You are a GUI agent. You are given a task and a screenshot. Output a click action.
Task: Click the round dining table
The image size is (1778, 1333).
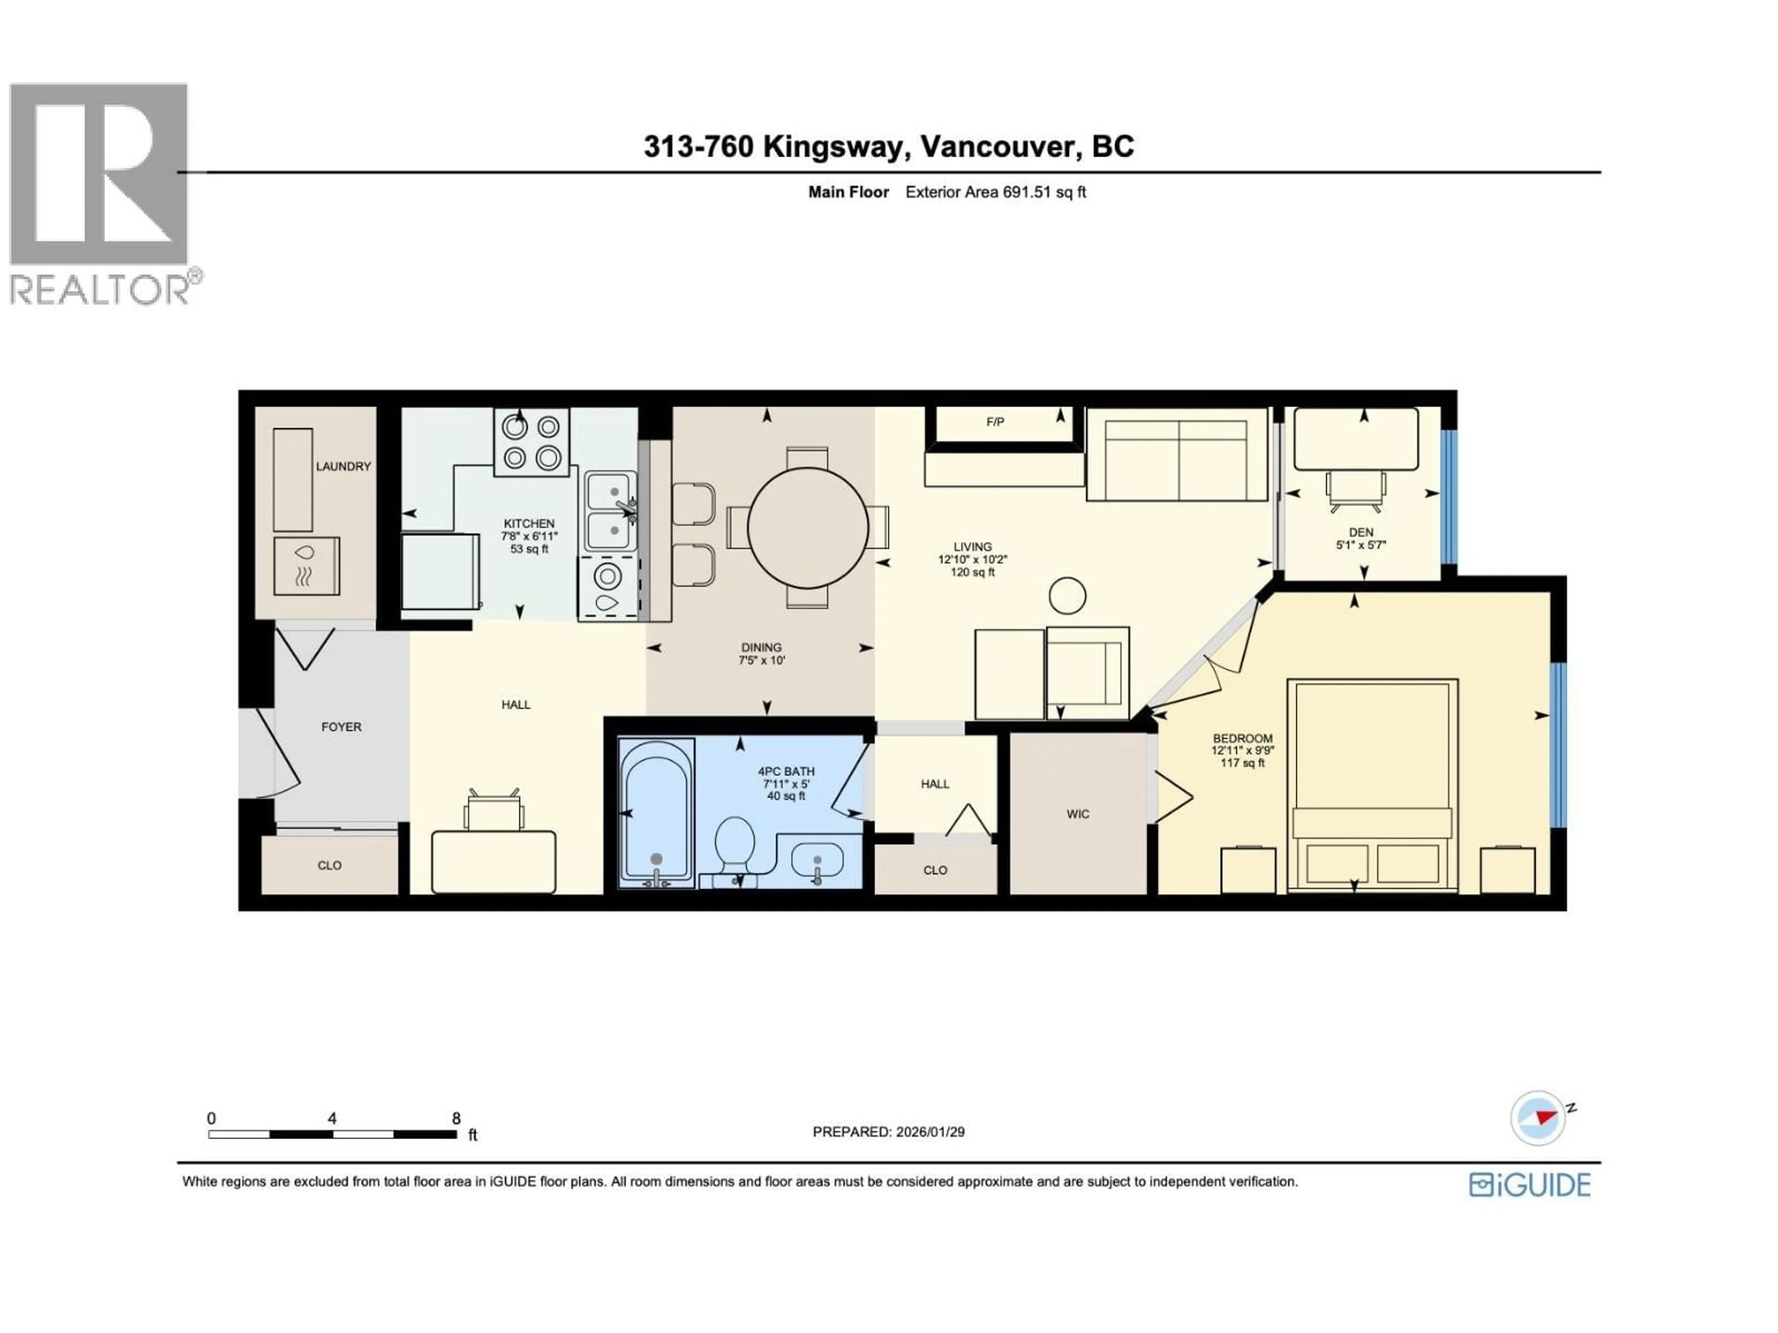[x=808, y=528]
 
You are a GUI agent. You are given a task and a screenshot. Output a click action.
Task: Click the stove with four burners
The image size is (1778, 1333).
[x=531, y=442]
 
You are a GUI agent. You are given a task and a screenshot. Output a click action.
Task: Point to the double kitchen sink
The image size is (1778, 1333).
[x=611, y=511]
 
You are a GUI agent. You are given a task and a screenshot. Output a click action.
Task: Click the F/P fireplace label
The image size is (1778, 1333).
[x=995, y=422]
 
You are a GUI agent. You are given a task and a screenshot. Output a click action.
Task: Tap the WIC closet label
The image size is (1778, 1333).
[x=1078, y=814]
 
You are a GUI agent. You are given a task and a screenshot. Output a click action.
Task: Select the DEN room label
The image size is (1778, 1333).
[x=1361, y=532]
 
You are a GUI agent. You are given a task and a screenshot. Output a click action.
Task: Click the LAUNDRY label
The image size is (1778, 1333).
[x=343, y=466]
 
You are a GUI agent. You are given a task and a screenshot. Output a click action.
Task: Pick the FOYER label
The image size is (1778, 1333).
[x=341, y=726]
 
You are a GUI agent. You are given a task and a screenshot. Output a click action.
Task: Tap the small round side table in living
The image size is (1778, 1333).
[x=1067, y=596]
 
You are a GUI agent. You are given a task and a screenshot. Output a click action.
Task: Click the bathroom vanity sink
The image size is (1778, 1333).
[x=817, y=860]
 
